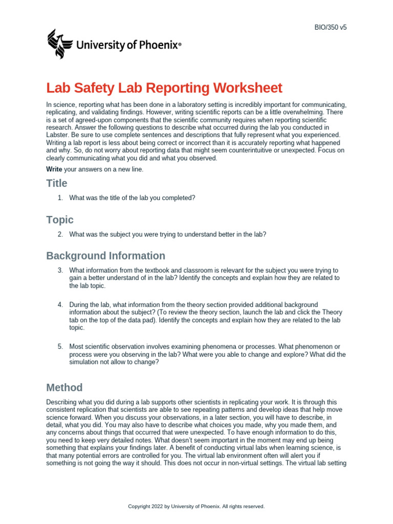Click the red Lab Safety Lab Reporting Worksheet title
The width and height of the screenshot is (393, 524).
coord(164,88)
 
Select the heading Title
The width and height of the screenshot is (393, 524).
coord(56,183)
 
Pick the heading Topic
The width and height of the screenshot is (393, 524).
coord(60,220)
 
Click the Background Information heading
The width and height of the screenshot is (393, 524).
coord(105,255)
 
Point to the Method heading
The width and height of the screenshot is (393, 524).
coord(64,387)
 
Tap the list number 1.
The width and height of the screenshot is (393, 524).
coord(60,198)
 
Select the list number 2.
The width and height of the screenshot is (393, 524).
coord(60,234)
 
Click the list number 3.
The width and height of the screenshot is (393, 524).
coord(60,270)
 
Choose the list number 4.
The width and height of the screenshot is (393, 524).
coord(60,304)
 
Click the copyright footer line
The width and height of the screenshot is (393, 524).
coord(196,506)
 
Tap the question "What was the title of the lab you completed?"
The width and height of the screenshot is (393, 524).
coord(132,198)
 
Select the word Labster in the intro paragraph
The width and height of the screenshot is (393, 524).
coord(57,135)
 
